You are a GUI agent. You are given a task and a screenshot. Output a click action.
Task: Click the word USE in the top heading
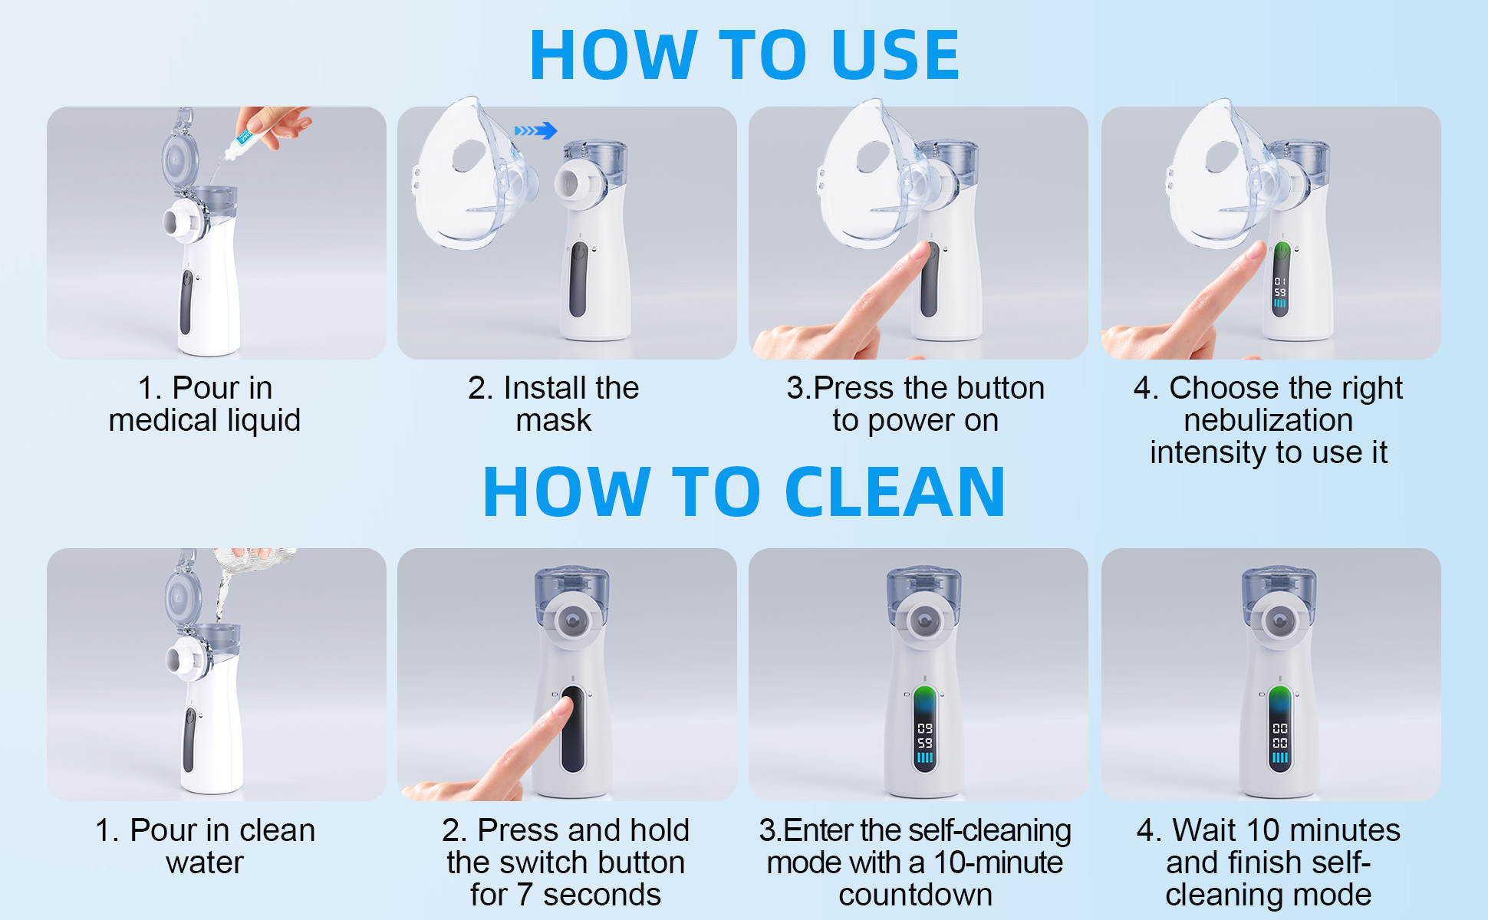click(895, 54)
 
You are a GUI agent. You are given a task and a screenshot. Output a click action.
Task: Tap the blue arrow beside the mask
click(535, 130)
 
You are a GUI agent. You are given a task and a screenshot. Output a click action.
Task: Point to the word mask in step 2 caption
click(554, 420)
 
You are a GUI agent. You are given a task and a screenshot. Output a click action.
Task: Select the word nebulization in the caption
click(1269, 420)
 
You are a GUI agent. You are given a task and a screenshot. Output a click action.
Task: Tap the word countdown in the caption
click(916, 895)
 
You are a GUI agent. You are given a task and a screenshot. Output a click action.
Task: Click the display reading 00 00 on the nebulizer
click(1280, 736)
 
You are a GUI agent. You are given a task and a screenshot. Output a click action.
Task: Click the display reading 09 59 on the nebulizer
click(925, 736)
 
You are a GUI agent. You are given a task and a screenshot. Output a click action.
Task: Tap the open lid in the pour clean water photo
click(183, 595)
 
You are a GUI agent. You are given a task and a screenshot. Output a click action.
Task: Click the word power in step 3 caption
click(912, 422)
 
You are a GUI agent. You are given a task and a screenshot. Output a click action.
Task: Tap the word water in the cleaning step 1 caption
click(205, 863)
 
